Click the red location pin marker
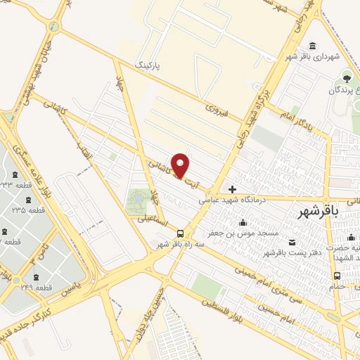tap(181, 165)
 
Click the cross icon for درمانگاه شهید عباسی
tap(232, 189)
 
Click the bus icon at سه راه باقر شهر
tap(181, 233)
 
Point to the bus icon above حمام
tap(337, 276)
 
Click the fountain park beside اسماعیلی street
tap(137, 202)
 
